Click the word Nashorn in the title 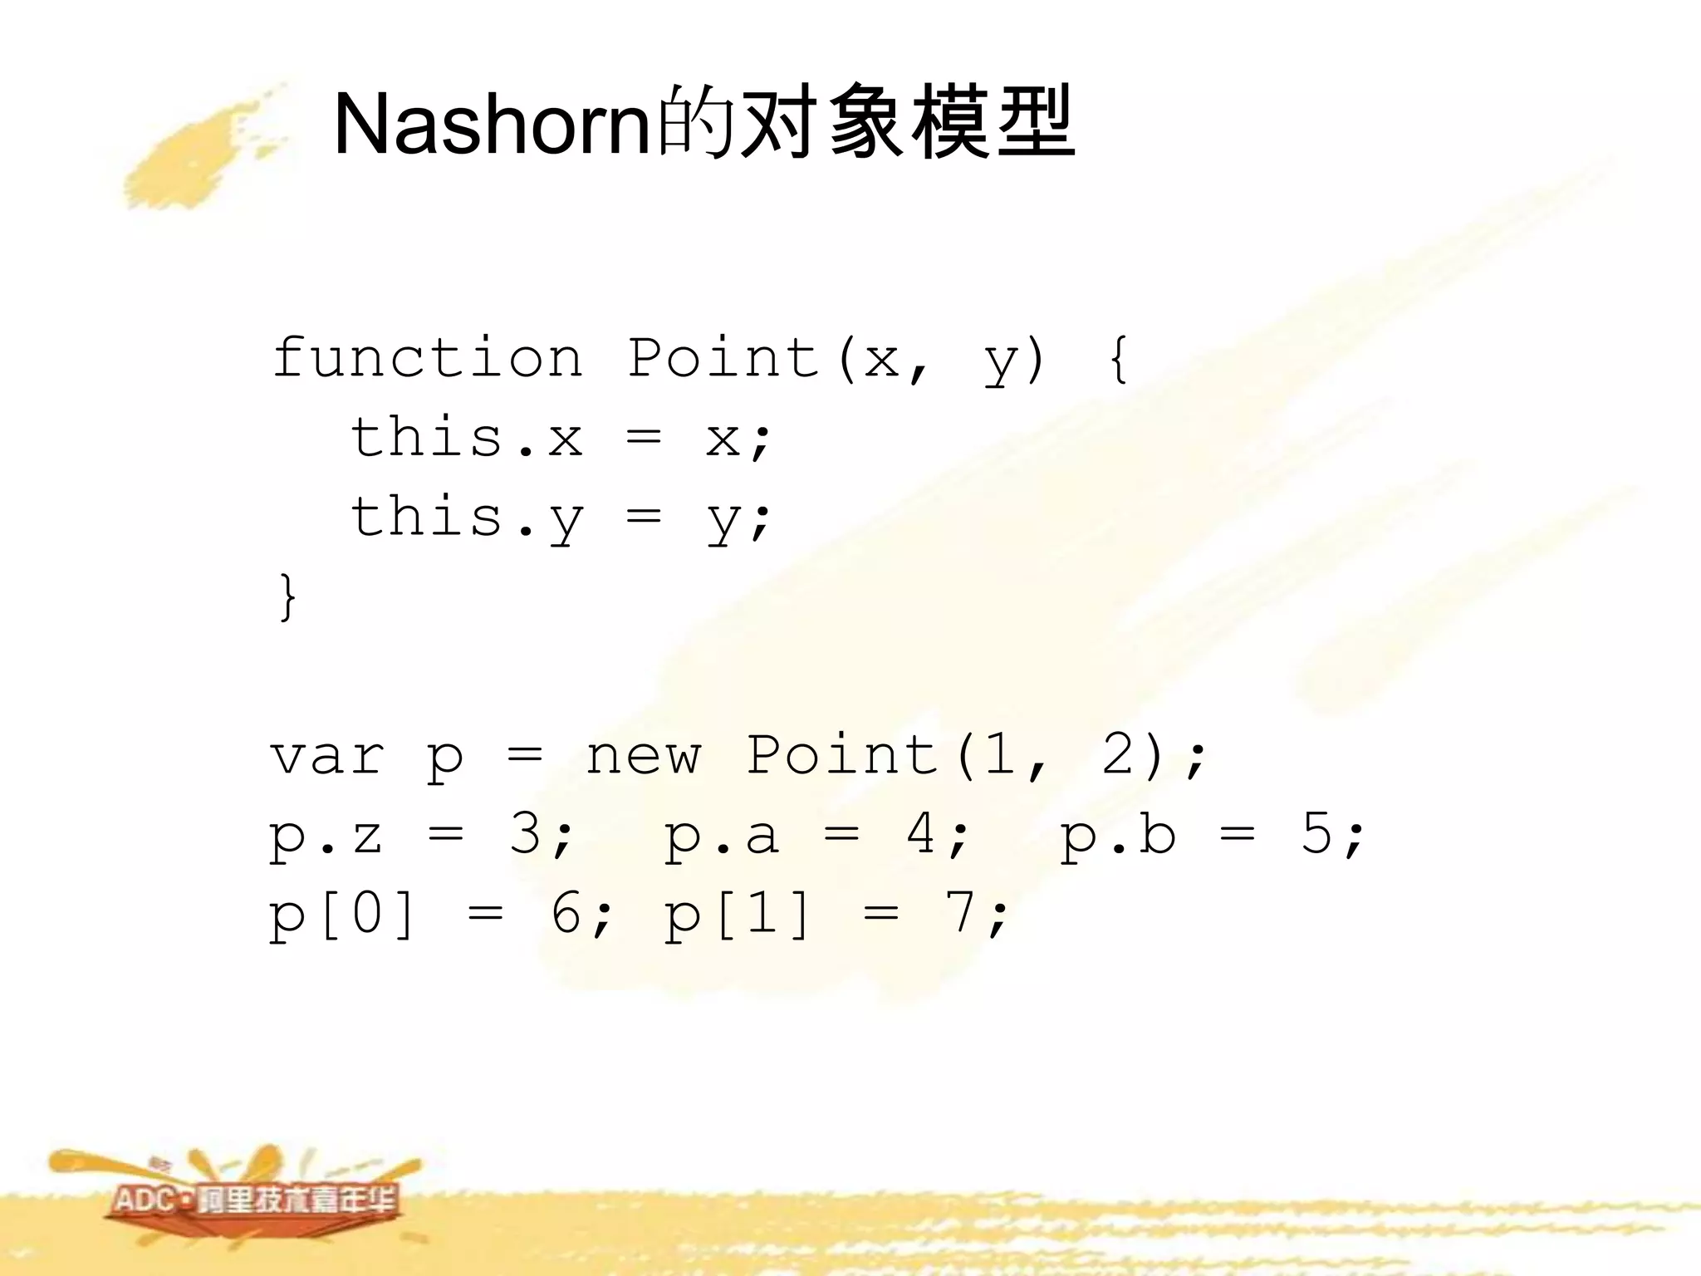pyautogui.click(x=490, y=125)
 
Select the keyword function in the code pyautogui.click(x=427, y=359)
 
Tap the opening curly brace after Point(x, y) pyautogui.click(x=1118, y=359)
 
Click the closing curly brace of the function pyautogui.click(x=287, y=596)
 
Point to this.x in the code pyautogui.click(x=466, y=438)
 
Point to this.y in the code pyautogui.click(x=466, y=518)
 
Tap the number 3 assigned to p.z pyautogui.click(x=527, y=834)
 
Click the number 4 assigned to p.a pyautogui.click(x=922, y=834)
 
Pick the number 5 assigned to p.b pyautogui.click(x=1317, y=834)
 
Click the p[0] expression pyautogui.click(x=341, y=914)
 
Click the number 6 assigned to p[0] pyautogui.click(x=566, y=914)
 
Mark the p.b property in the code pyautogui.click(x=1118, y=836)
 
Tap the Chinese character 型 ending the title pyautogui.click(x=1035, y=125)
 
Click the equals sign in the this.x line pyautogui.click(x=644, y=438)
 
